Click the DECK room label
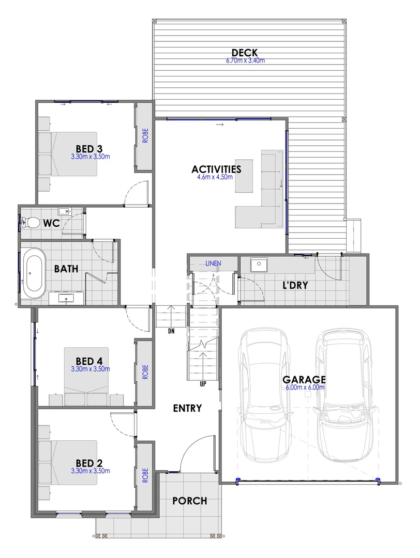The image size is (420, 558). coord(245,53)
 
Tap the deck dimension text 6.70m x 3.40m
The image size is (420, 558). coord(245,60)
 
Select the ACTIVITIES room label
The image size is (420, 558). coord(216,169)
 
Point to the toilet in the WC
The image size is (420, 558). coord(32,223)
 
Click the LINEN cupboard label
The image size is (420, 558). coord(213,263)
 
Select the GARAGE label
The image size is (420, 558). coord(304,379)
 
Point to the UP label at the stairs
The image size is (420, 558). coord(203,384)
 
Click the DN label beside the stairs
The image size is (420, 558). coord(171,331)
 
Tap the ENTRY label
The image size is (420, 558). coord(187,408)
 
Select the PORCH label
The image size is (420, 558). coord(189,501)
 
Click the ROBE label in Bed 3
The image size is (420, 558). coord(145,135)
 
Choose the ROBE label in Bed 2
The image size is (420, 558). coord(145,475)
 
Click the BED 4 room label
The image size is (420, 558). coord(91,361)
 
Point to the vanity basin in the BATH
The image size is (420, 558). coord(66,298)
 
